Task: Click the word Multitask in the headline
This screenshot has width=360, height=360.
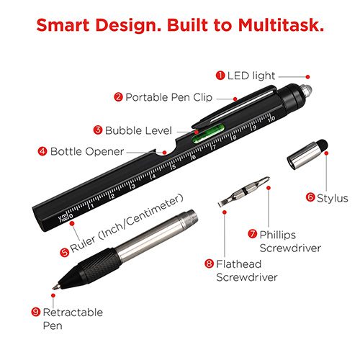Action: tap(281, 25)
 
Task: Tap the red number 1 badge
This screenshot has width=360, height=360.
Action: tap(220, 76)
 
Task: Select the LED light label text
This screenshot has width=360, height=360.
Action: tap(251, 76)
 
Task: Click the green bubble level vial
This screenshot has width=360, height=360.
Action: tap(207, 133)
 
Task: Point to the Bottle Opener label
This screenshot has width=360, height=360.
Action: tap(87, 151)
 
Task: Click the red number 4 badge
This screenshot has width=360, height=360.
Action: tap(42, 151)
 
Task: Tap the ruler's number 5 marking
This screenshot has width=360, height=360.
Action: tap(174, 166)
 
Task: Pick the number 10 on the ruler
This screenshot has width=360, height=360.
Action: tap(271, 119)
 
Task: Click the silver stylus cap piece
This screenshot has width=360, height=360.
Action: tap(307, 154)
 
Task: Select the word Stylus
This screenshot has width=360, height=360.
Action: tap(333, 199)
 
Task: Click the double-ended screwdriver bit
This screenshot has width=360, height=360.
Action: tap(244, 192)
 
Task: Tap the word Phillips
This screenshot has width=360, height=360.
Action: tap(277, 235)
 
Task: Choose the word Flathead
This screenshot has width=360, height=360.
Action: tap(238, 264)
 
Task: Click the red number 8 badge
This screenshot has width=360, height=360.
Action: tap(209, 264)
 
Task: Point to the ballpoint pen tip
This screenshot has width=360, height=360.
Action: tap(54, 287)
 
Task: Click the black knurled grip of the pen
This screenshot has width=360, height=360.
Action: tap(99, 265)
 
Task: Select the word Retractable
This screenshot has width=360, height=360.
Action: tap(73, 312)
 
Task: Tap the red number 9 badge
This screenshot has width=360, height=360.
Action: tap(36, 312)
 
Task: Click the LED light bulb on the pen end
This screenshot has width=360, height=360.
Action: tap(306, 91)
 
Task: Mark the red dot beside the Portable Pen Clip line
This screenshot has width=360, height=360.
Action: tap(235, 99)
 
